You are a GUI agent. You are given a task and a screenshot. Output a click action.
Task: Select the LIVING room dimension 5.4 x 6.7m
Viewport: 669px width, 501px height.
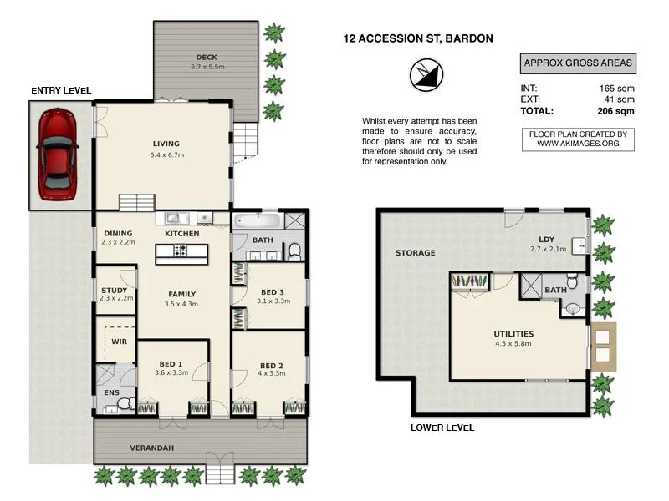pos(166,155)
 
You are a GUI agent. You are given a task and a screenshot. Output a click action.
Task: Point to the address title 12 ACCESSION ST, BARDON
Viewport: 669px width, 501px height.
pos(418,38)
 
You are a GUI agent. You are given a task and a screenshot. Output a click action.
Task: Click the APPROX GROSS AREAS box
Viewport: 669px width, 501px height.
pos(577,63)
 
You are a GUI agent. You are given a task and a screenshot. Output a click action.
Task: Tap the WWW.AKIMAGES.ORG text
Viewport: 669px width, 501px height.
pos(578,144)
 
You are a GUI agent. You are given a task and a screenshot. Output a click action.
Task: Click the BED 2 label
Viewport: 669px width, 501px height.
pos(273,365)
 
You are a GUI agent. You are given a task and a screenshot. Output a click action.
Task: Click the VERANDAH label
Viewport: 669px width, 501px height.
pos(151,448)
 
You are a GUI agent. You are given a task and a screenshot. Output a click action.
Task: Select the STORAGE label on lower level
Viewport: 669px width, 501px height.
pos(416,252)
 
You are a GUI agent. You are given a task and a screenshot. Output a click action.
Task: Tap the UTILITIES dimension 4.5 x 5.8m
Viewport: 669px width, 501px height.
pos(513,343)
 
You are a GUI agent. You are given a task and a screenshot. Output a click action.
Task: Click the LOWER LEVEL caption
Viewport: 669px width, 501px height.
pos(442,428)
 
